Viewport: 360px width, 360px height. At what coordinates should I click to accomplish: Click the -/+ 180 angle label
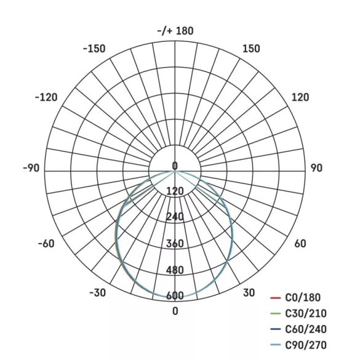point(175,31)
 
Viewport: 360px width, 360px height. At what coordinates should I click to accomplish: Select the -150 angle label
point(94,49)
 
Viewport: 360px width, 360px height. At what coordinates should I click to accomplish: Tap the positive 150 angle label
point(251,49)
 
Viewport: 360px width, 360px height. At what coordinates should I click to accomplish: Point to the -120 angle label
point(46,97)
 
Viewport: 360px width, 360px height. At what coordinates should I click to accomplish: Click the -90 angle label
point(31,168)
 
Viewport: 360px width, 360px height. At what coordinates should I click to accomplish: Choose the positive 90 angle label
point(316,168)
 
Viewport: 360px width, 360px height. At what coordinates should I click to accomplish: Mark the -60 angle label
point(46,244)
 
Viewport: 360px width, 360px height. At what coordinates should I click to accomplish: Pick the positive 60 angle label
point(300,244)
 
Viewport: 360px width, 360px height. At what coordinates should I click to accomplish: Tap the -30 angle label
point(98,293)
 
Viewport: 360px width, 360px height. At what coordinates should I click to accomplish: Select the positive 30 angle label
point(248,293)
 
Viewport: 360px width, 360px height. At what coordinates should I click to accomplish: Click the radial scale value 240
point(175,217)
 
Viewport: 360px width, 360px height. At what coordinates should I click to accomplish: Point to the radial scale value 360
point(175,244)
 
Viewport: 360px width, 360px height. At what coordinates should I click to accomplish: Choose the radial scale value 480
point(175,270)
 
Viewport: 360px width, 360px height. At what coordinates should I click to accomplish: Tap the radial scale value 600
point(175,296)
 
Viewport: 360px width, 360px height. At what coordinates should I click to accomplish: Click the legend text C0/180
point(302,298)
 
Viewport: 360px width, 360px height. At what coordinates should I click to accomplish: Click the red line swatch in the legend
point(276,298)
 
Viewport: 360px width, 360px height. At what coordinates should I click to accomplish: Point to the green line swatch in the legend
point(276,314)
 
